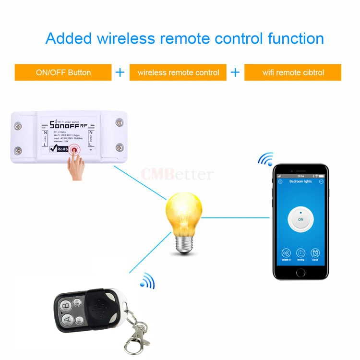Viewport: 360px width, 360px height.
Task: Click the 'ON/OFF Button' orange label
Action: pyautogui.click(x=63, y=72)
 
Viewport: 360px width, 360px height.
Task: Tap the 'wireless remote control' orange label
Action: pyautogui.click(x=178, y=72)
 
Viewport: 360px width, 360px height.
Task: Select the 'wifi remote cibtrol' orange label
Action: pyautogui.click(x=293, y=72)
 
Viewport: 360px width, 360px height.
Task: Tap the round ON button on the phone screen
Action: pyautogui.click(x=300, y=219)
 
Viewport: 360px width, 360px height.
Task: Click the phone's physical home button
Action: pyautogui.click(x=300, y=273)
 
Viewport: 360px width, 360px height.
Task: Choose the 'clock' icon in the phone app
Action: pyautogui.click(x=315, y=253)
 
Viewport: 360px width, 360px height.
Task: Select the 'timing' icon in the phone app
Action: pyautogui.click(x=300, y=253)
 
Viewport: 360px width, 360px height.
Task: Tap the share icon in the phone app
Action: pyautogui.click(x=287, y=253)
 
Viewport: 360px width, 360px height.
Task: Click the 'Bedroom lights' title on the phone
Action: pyautogui.click(x=300, y=181)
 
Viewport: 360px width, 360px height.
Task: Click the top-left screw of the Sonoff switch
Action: pyautogui.click(x=18, y=126)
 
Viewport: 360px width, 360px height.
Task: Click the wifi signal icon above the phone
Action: pyautogui.click(x=265, y=159)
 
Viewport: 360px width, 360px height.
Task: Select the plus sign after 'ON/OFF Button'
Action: pyautogui.click(x=120, y=72)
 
